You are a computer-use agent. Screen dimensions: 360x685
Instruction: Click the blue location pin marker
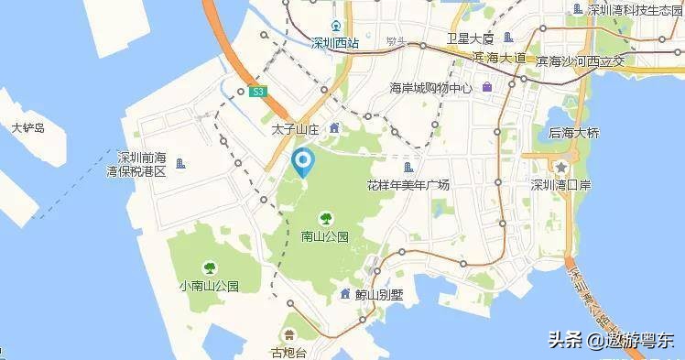[x=302, y=164]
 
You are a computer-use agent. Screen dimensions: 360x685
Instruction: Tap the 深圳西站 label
[x=335, y=42]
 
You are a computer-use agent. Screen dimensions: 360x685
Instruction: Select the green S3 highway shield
[x=259, y=92]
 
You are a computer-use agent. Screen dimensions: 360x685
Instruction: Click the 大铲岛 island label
[x=27, y=128]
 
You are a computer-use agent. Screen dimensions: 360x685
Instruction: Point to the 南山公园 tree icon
[x=324, y=218]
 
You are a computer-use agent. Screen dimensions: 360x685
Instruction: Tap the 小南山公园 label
[x=210, y=285]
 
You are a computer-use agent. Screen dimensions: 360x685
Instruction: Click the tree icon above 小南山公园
[x=210, y=267]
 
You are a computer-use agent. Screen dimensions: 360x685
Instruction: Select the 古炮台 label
[x=290, y=351]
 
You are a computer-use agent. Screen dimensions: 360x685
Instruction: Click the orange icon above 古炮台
[x=289, y=333]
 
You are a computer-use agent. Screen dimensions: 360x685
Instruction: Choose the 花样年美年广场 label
[x=408, y=185]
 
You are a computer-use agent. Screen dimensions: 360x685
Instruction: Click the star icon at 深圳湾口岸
[x=560, y=167]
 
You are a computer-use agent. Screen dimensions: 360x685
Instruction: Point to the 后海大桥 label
[x=573, y=133]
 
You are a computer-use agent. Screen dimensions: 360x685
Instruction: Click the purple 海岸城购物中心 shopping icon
[x=488, y=88]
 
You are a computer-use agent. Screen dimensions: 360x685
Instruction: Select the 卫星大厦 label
[x=471, y=38]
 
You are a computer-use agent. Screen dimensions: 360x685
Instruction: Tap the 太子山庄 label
[x=294, y=130]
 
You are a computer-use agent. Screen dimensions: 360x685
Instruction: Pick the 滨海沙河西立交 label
[x=580, y=61]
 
